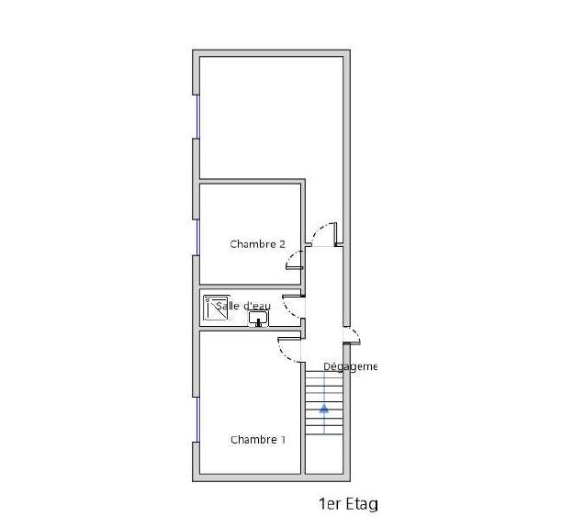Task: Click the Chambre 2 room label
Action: [x=257, y=244]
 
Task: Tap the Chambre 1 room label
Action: [x=257, y=440]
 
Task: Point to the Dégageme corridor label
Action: [x=350, y=366]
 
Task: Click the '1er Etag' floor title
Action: [x=347, y=503]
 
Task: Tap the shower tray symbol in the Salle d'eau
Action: [x=216, y=308]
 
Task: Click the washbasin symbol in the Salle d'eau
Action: [x=258, y=319]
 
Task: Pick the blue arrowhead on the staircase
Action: [x=323, y=410]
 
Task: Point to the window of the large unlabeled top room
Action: [x=197, y=116]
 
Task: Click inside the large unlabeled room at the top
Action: [x=271, y=115]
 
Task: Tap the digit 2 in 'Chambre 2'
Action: [x=282, y=244]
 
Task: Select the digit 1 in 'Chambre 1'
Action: [x=283, y=440]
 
